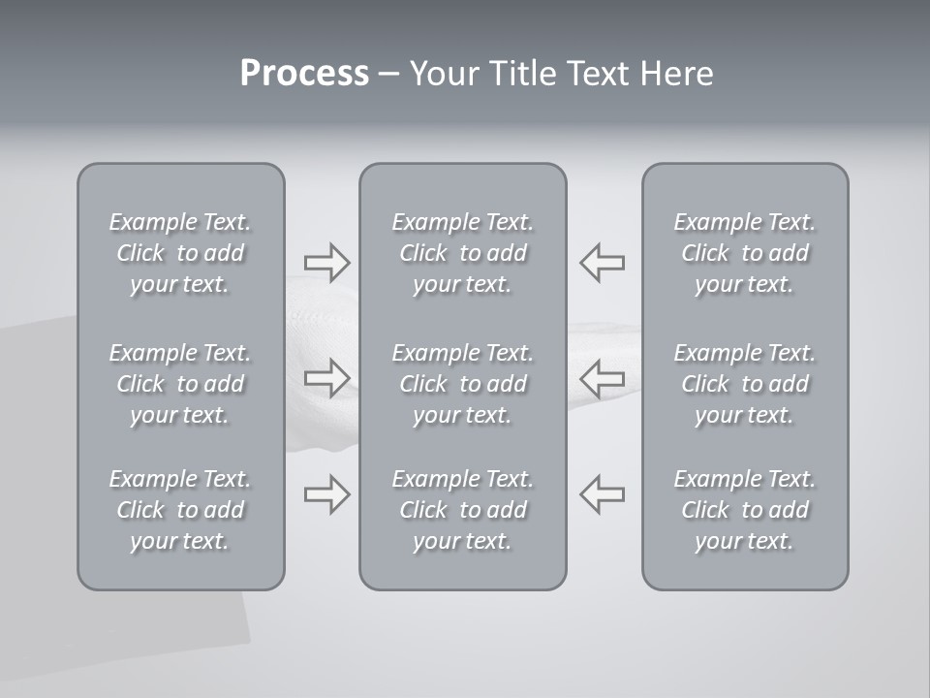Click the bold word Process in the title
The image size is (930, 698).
point(304,74)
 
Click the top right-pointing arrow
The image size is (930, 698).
point(326,262)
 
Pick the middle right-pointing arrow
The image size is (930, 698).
point(326,377)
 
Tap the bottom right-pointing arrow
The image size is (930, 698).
point(326,494)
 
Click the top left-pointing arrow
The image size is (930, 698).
point(603,262)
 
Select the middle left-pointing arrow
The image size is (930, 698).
point(603,377)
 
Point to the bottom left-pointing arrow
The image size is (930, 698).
point(603,493)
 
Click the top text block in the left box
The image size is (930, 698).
point(180,253)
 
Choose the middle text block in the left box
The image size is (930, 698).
point(180,384)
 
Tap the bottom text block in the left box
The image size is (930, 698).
point(180,510)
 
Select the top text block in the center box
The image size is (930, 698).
point(463,253)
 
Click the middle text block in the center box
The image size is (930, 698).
point(463,384)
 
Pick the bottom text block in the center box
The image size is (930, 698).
point(463,510)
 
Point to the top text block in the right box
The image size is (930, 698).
point(745,253)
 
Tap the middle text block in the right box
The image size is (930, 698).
point(745,384)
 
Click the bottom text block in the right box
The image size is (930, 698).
point(745,510)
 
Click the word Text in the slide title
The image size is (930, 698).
point(598,74)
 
